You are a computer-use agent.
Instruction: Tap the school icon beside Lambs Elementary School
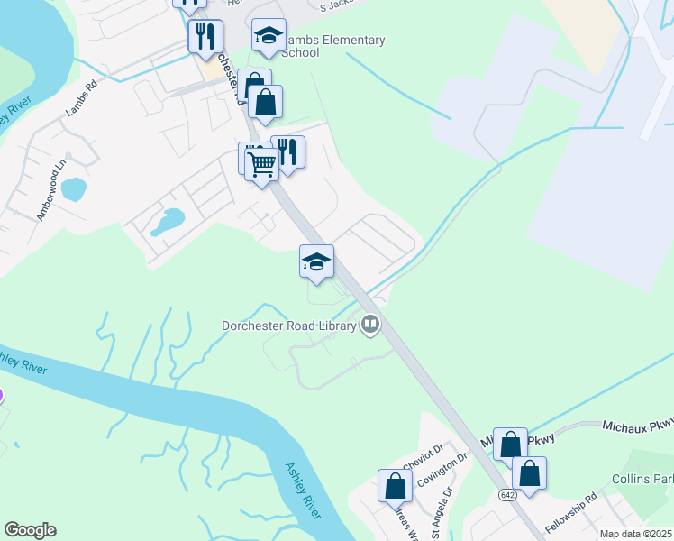[x=268, y=36]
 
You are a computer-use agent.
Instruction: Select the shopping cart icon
[x=261, y=165]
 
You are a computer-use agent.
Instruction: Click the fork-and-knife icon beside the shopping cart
[x=287, y=151]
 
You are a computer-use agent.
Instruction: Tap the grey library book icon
[x=369, y=324]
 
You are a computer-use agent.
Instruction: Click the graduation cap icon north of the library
[x=316, y=262]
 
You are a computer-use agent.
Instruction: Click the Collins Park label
[x=642, y=479]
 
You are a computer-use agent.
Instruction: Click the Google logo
[x=30, y=530]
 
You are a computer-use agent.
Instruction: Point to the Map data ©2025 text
[x=636, y=534]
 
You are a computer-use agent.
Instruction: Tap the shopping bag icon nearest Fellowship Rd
[x=529, y=473]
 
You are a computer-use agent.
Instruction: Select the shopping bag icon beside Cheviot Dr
[x=395, y=486]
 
